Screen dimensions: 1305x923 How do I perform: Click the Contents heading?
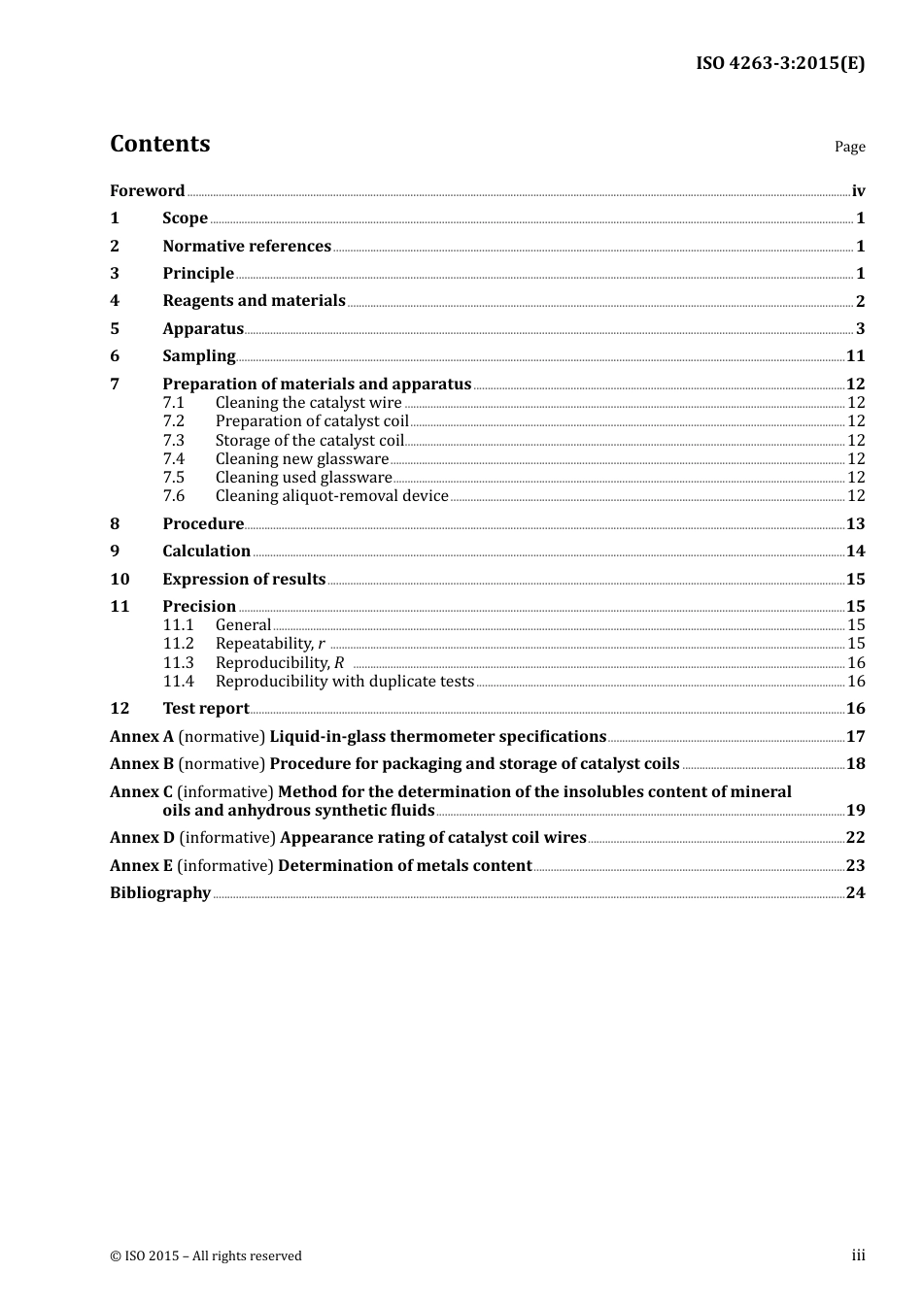point(159,144)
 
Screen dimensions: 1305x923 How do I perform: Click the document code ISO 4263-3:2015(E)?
point(779,63)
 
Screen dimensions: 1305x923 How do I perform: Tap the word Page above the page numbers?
point(849,147)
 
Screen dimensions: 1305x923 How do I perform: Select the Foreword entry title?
point(147,191)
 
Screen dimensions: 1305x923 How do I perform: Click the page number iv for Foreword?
point(858,191)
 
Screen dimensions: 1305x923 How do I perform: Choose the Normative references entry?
point(247,247)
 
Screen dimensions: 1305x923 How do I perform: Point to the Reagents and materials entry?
point(254,301)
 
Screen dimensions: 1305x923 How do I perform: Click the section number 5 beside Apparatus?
point(115,329)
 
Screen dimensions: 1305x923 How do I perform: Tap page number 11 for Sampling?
point(855,356)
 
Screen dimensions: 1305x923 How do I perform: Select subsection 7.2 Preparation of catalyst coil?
point(312,421)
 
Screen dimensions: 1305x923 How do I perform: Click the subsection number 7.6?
point(174,496)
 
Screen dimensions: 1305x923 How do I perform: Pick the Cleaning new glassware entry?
point(301,459)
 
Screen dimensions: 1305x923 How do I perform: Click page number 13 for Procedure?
point(855,524)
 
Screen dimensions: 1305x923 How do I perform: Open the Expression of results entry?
point(244,580)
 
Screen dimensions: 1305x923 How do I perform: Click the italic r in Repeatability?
point(322,644)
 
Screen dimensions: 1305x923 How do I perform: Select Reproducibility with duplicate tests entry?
point(344,682)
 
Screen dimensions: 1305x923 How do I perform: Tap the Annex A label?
point(142,737)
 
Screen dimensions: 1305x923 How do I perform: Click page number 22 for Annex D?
point(855,838)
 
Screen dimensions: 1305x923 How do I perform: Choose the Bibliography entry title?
point(160,893)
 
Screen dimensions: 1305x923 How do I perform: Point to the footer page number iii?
point(858,1255)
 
